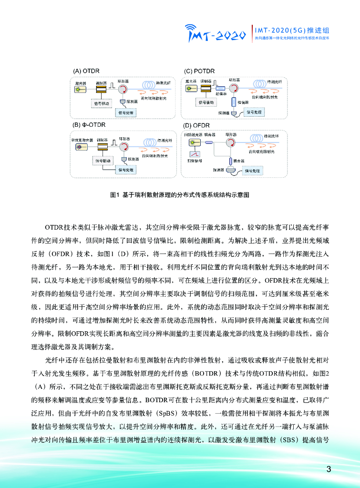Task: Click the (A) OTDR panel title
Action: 86,71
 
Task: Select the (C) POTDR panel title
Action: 198,71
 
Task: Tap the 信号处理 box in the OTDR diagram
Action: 126,113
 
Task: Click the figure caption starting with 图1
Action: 180,195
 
